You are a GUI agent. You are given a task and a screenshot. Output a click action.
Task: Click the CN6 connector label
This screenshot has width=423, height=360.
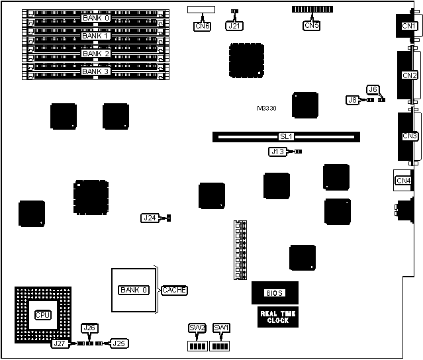[x=202, y=26]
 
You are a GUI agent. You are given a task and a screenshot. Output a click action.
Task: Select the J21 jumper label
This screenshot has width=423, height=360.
[x=234, y=26]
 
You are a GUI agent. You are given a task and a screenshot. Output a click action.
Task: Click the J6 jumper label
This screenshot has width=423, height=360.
[x=373, y=89]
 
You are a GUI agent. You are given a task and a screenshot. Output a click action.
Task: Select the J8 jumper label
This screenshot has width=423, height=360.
[x=353, y=100]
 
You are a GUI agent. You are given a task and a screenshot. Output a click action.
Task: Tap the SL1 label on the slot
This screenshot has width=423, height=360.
[x=286, y=137]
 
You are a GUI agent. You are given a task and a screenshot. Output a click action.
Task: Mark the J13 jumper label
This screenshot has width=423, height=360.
[x=278, y=152]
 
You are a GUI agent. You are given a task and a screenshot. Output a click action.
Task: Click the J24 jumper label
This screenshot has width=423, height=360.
[x=150, y=217]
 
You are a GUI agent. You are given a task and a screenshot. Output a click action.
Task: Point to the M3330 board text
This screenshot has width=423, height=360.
[x=268, y=108]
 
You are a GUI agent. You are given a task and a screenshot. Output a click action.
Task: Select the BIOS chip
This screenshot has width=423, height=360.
[x=274, y=292]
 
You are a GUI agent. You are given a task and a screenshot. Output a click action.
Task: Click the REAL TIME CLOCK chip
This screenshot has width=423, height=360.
[x=274, y=317]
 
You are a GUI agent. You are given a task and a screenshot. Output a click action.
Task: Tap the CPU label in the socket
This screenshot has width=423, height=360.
[x=43, y=314]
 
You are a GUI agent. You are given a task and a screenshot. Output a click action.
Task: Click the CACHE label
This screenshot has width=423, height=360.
[x=174, y=290]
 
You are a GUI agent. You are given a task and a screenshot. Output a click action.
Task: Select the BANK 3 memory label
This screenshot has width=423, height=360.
[x=95, y=71]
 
